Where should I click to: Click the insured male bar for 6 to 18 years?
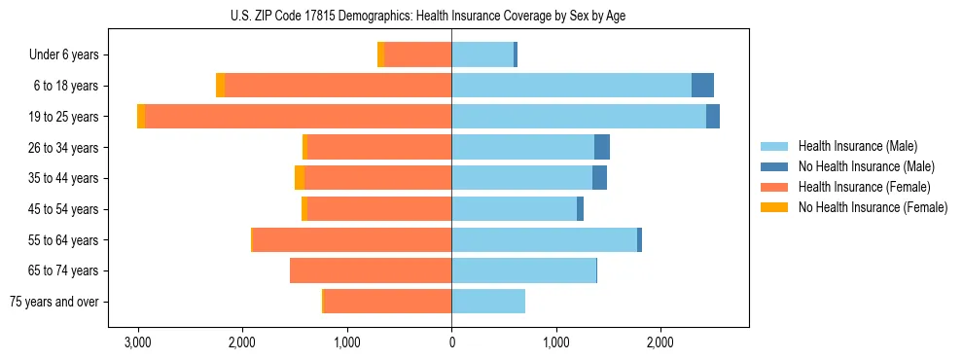pos(571,86)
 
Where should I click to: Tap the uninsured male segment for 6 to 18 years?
pos(702,86)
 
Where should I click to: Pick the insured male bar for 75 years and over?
pos(488,302)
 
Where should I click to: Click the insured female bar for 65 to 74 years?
pos(371,270)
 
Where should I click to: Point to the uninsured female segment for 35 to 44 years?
pos(300,178)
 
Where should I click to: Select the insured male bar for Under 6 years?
pos(482,54)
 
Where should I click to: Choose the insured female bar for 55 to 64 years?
pos(352,239)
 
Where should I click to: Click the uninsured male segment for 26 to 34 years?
pos(602,147)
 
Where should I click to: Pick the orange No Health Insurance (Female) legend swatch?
pos(774,207)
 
